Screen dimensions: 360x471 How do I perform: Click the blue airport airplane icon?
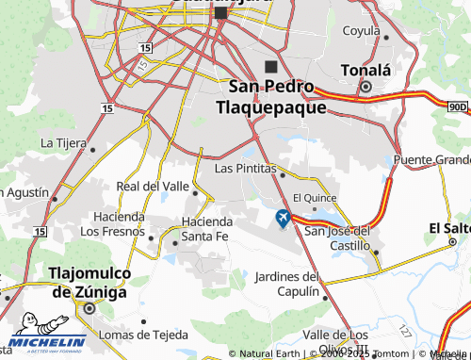[282, 219]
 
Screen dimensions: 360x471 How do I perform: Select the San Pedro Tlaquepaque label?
[271, 97]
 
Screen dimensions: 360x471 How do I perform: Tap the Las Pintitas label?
[244, 168]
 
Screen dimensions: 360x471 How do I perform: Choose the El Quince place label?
[315, 198]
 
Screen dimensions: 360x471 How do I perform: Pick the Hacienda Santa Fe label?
[207, 228]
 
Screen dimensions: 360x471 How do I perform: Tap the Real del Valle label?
[152, 187]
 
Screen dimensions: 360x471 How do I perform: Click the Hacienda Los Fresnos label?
[112, 223]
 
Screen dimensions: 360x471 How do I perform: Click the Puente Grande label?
[431, 159]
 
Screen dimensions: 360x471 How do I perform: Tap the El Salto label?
[449, 228]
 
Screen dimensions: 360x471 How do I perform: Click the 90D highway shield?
[457, 107]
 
